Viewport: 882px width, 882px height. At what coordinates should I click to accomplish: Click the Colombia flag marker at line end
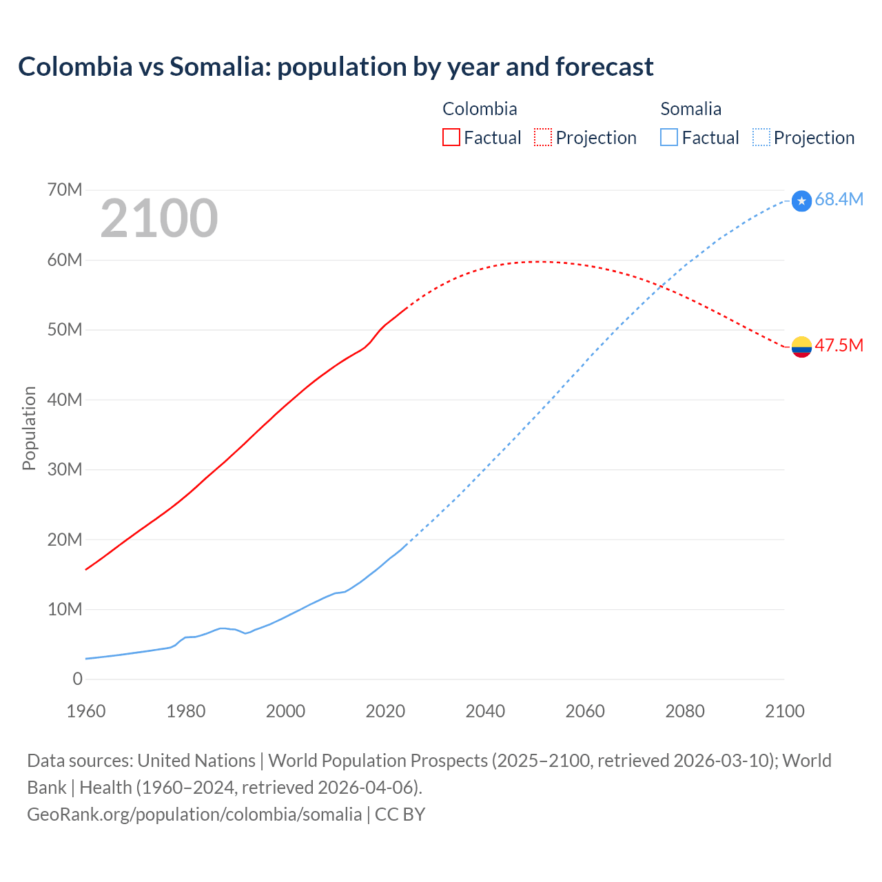[x=801, y=347]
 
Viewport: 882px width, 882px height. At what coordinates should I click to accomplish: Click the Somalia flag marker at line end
[x=801, y=201]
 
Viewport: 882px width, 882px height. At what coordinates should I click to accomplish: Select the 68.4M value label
[x=839, y=200]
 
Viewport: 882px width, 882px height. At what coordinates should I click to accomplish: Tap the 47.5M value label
[x=839, y=345]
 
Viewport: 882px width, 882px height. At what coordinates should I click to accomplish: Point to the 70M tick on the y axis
[x=65, y=189]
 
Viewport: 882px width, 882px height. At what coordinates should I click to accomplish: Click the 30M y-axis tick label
[x=65, y=469]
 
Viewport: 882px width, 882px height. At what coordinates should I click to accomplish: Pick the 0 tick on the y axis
[x=77, y=679]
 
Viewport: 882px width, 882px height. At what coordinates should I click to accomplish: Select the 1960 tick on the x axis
[x=86, y=711]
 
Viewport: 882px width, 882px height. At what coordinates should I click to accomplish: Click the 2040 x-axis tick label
[x=485, y=711]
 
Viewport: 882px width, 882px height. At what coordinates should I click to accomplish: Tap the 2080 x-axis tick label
[x=685, y=711]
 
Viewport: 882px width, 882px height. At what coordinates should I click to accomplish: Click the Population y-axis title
[x=29, y=428]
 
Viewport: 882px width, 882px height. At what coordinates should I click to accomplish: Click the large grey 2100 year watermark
[x=159, y=218]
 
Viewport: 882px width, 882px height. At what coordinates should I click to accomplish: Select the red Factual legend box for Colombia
[x=451, y=137]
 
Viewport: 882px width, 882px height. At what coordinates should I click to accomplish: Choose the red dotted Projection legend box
[x=542, y=137]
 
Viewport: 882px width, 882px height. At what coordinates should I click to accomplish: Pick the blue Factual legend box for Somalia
[x=668, y=137]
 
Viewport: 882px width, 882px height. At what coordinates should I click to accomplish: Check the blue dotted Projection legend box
[x=761, y=137]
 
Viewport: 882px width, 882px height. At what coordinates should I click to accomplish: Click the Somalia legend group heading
[x=690, y=109]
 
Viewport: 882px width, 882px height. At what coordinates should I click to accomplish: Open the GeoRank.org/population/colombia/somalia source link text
[x=194, y=814]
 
